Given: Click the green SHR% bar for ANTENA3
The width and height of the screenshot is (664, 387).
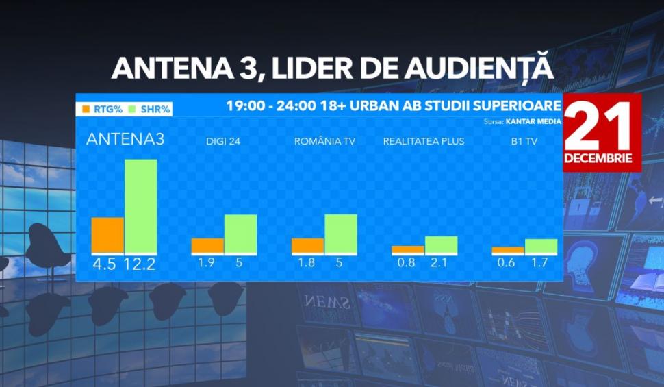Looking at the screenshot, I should click(141, 205).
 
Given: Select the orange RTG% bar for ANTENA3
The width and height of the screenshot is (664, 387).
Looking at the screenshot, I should click(107, 235).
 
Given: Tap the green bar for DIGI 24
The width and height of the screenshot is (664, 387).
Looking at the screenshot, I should click(240, 234).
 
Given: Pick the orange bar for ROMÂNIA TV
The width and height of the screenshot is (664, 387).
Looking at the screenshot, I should click(307, 245).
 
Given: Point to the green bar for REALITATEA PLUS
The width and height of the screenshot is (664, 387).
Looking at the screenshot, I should click(441, 245).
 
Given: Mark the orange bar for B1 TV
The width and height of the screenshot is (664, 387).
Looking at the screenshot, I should click(507, 250).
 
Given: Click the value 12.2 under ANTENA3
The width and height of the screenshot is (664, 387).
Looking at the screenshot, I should click(140, 264).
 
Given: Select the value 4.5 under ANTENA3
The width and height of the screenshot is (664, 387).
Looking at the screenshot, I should click(104, 264).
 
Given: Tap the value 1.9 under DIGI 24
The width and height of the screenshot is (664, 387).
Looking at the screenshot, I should click(206, 262).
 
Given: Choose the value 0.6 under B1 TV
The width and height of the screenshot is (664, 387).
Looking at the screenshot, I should click(507, 262).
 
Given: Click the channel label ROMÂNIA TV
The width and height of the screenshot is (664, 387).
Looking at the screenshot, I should click(325, 142).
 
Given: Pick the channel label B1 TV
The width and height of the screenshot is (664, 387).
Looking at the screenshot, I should click(524, 142).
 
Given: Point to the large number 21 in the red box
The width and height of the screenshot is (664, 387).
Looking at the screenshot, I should click(598, 127).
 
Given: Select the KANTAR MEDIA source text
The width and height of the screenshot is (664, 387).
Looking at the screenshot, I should click(533, 122).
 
